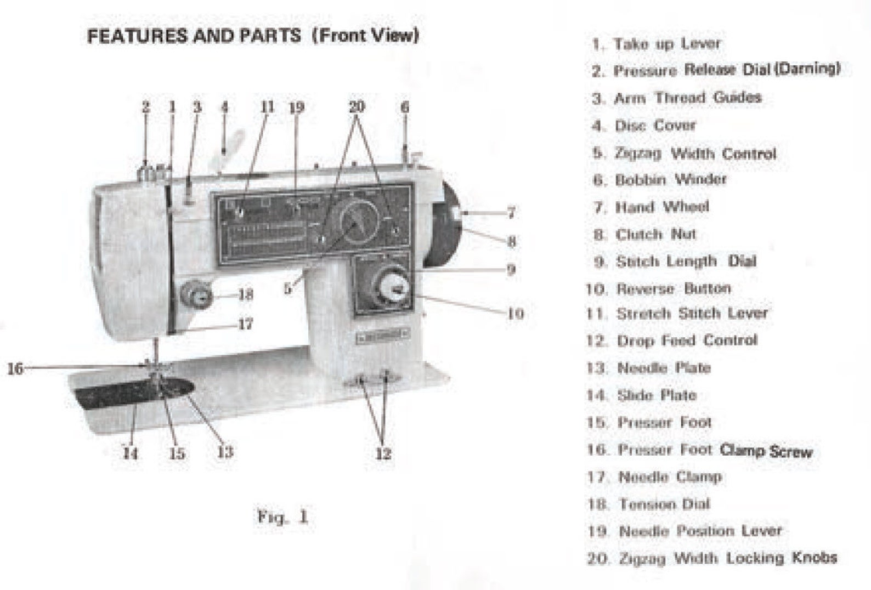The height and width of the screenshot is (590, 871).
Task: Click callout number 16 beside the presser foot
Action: (15, 368)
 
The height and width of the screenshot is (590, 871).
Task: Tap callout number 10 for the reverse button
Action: (515, 314)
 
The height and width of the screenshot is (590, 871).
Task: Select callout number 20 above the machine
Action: (357, 106)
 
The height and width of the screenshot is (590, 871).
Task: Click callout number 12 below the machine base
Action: (383, 453)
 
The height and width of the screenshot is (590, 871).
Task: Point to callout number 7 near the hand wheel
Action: (511, 212)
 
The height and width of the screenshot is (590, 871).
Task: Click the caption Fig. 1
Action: (282, 517)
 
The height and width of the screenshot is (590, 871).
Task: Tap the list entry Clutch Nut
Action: (655, 235)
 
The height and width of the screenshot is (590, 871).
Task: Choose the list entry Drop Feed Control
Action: (687, 341)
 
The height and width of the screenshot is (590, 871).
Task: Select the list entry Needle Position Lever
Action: (700, 531)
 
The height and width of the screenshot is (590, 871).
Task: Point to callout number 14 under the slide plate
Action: (131, 453)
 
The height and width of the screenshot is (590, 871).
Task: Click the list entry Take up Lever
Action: (666, 43)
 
